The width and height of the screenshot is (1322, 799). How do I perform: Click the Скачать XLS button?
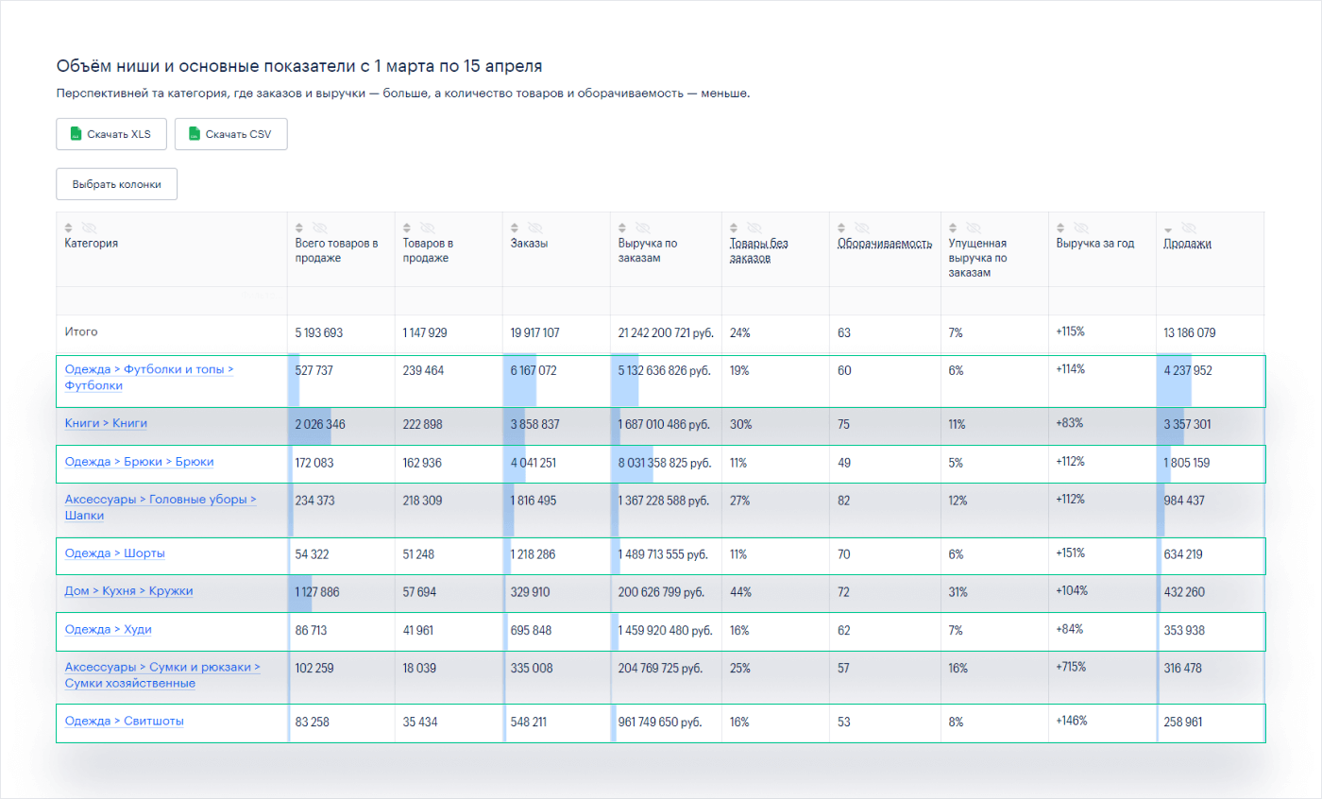coord(110,134)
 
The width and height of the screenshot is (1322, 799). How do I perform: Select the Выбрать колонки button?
coord(116,184)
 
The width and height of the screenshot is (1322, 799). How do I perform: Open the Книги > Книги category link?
coord(106,424)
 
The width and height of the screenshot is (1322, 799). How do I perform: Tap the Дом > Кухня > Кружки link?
coord(128,591)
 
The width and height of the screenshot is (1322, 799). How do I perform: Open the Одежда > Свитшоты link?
coord(124,721)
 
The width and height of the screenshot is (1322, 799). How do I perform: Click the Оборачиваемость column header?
coord(878,244)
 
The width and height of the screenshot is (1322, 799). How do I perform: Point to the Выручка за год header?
coord(1094,244)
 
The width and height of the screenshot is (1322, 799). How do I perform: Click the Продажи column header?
coord(1187,244)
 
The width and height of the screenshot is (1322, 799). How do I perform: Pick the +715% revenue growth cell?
coord(1072,667)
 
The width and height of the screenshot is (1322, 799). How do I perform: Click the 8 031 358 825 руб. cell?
coord(664,463)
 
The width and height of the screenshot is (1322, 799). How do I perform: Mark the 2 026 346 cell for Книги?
coord(320,425)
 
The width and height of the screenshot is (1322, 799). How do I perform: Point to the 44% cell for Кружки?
coord(740,591)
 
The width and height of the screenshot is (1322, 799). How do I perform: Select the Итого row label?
coord(81,332)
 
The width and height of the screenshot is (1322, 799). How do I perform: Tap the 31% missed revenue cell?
coord(958,591)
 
